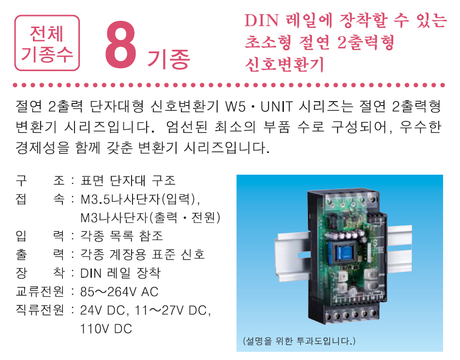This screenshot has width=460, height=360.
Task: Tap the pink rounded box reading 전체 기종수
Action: (47, 43)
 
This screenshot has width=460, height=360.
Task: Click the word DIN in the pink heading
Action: (260, 21)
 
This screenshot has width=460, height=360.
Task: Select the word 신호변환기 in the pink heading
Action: (284, 64)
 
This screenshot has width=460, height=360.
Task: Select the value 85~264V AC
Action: (119, 292)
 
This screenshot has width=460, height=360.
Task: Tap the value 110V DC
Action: (106, 329)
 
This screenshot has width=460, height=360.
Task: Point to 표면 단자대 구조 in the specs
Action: (128, 181)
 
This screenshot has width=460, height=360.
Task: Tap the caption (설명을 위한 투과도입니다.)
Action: (299, 341)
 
